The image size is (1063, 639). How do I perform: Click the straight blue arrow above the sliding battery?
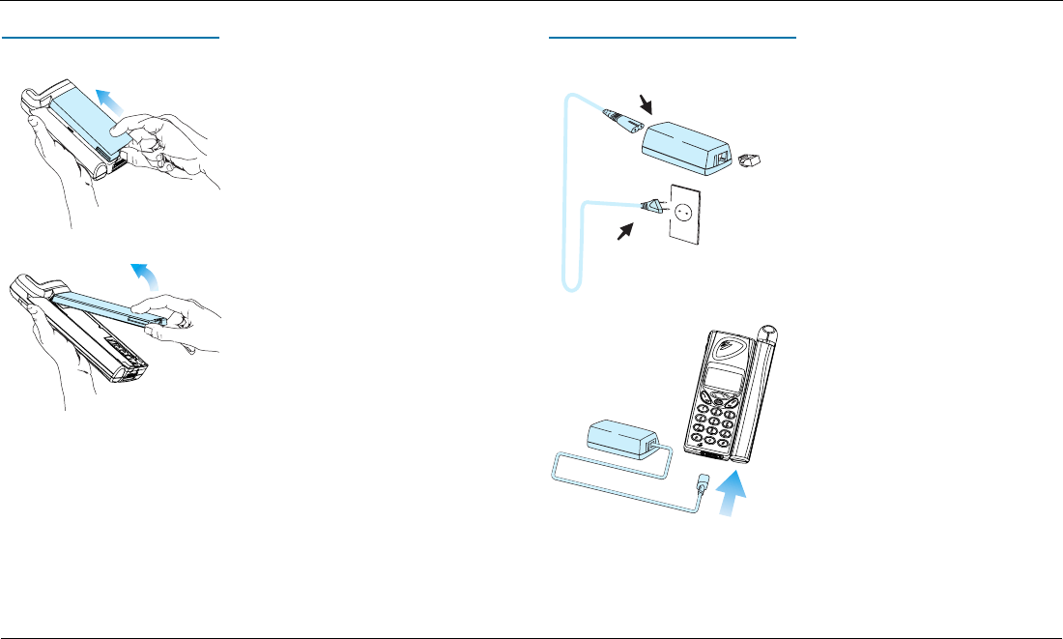coord(109,99)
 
